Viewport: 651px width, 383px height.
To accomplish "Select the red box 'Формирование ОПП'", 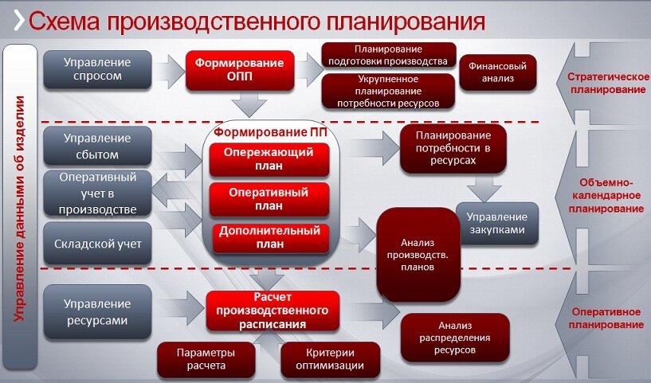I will pyautogui.click(x=241, y=70).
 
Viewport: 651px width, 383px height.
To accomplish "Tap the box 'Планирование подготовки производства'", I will pyautogui.click(x=389, y=55).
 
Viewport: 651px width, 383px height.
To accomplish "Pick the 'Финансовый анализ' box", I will pyautogui.click(x=498, y=72).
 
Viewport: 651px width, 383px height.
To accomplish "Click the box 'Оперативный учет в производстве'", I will pyautogui.click(x=97, y=193).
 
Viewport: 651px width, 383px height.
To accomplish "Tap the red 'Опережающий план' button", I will pyautogui.click(x=269, y=159).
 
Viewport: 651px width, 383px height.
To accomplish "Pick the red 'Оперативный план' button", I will pyautogui.click(x=269, y=198).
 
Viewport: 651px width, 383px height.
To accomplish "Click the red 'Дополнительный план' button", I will pyautogui.click(x=269, y=237).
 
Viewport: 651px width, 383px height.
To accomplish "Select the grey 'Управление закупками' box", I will pyautogui.click(x=496, y=223).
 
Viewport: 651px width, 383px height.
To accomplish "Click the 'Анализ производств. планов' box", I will pyautogui.click(x=418, y=252).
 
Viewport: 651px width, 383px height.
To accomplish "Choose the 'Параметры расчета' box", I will pyautogui.click(x=206, y=359).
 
